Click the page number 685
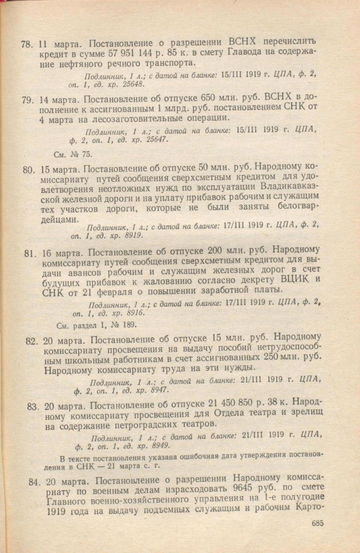(x=318, y=523)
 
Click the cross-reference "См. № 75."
(x=73, y=154)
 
